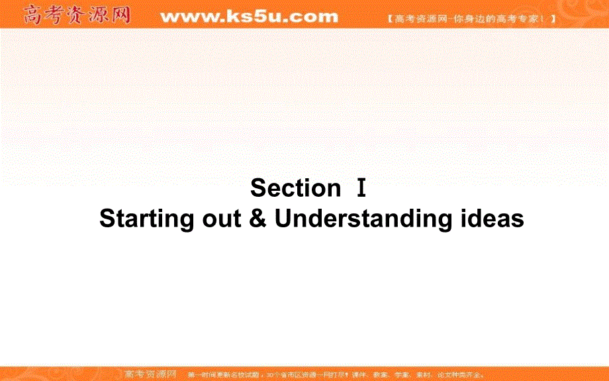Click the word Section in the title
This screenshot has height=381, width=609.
coord(295,188)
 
